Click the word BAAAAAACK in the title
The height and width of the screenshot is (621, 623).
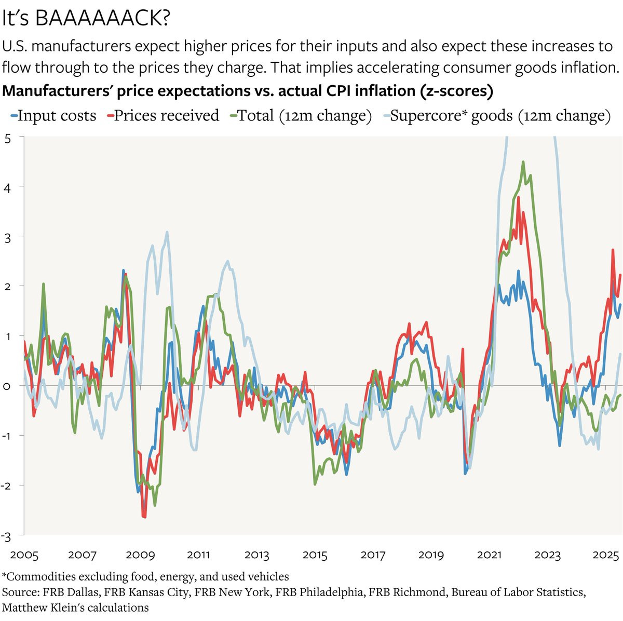pyautogui.click(x=103, y=19)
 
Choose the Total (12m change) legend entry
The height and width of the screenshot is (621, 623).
pyautogui.click(x=304, y=115)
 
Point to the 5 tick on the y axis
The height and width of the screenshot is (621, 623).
pyautogui.click(x=7, y=138)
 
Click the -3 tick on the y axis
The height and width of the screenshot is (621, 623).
pyautogui.click(x=6, y=535)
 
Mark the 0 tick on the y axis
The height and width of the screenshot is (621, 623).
pyautogui.click(x=7, y=386)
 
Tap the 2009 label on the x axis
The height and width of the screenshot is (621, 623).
pyautogui.click(x=140, y=555)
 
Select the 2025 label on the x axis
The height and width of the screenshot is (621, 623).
pyautogui.click(x=605, y=555)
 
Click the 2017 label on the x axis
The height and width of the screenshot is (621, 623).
pyautogui.click(x=373, y=555)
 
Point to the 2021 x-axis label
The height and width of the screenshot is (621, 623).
pyautogui.click(x=489, y=555)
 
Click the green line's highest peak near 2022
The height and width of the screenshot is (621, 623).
pyautogui.click(x=523, y=162)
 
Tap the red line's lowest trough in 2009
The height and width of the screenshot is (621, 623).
pyautogui.click(x=145, y=517)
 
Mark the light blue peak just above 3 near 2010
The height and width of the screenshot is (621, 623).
pyautogui.click(x=167, y=232)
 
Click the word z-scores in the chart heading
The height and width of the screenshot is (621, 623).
pyautogui.click(x=456, y=91)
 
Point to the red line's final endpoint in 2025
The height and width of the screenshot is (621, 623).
pyautogui.click(x=620, y=275)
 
